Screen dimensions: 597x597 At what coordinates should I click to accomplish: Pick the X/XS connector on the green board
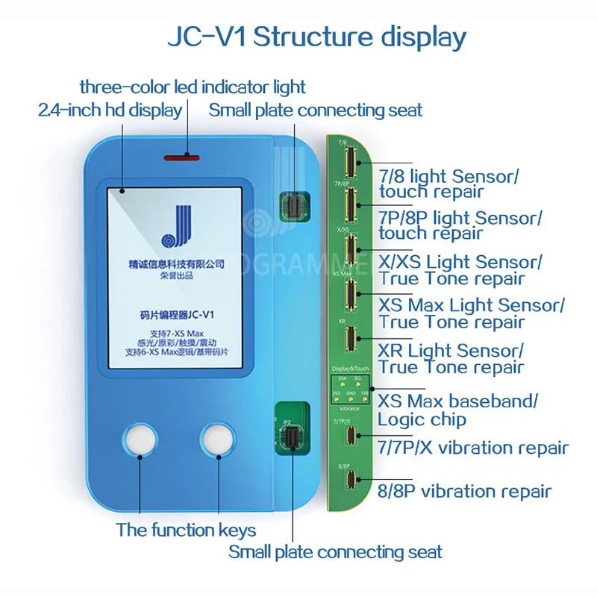pyautogui.click(x=348, y=248)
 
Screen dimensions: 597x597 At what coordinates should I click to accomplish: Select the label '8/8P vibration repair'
pyautogui.click(x=465, y=491)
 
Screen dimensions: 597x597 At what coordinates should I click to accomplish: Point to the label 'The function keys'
pyautogui.click(x=186, y=531)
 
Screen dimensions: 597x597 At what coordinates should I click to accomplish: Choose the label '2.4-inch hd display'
pyautogui.click(x=110, y=110)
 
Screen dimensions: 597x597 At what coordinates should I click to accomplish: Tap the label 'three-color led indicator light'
pyautogui.click(x=193, y=87)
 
